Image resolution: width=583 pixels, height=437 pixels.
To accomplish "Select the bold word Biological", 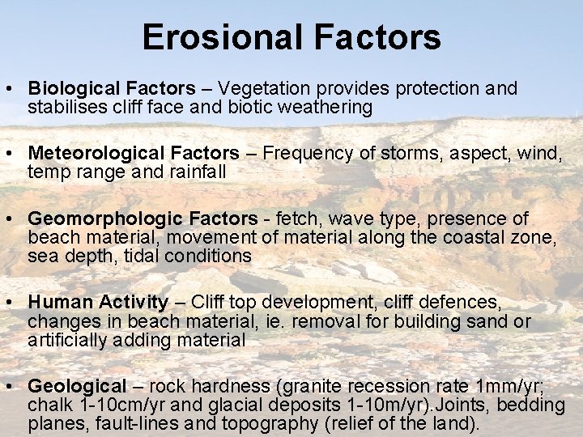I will [70, 88].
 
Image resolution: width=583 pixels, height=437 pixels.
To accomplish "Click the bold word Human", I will [62, 303].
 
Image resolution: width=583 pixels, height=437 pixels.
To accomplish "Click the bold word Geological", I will [78, 387].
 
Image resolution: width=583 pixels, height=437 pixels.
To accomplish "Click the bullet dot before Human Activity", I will [13, 303].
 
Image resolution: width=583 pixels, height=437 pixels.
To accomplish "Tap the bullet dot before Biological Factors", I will [13, 88].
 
